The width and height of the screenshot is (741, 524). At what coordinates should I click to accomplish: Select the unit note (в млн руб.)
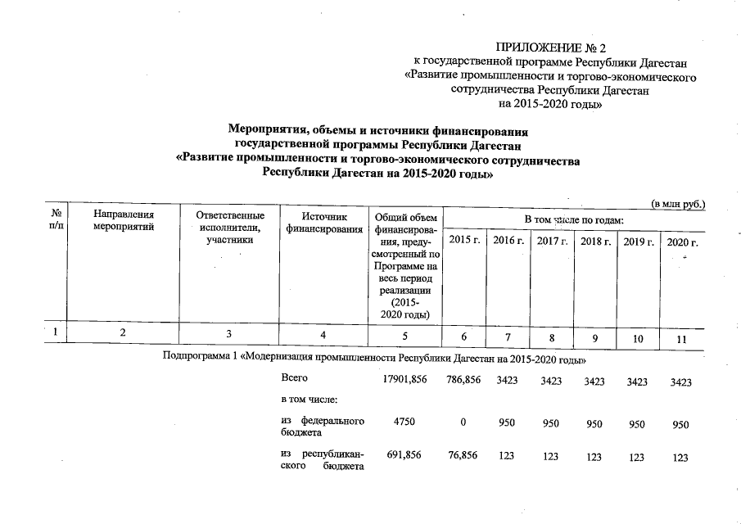point(678,202)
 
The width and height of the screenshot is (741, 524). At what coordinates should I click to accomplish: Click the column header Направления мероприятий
point(124,222)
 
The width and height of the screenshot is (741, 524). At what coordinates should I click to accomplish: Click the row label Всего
point(294,378)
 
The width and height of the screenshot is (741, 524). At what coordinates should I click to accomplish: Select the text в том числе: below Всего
point(310,400)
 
